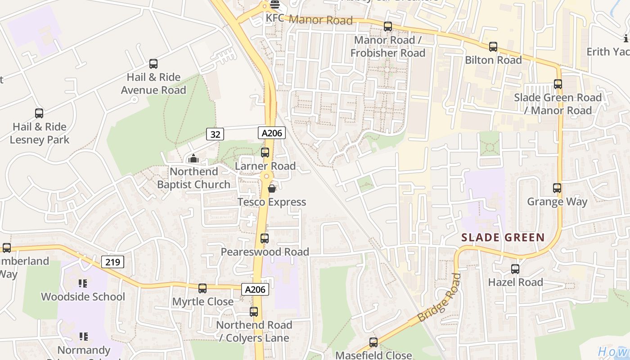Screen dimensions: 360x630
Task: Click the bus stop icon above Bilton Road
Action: [493, 47]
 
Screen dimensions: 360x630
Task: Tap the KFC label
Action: [276, 19]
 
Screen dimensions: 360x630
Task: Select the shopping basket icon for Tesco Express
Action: [272, 189]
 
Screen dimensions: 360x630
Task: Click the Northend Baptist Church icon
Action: [193, 158]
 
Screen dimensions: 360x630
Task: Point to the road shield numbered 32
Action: [215, 134]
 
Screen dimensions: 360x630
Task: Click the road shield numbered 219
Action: [112, 262]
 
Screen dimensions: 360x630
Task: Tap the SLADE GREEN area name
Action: [503, 238]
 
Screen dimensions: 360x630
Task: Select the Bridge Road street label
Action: [439, 298]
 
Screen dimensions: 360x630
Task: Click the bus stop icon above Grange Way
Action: [557, 188]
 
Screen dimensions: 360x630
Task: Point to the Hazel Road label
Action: [515, 283]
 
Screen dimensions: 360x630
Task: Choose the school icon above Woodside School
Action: [83, 283]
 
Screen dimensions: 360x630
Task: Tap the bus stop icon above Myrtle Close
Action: [202, 288]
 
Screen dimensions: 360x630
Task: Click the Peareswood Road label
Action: [265, 252]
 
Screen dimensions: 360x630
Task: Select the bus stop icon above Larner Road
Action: [265, 153]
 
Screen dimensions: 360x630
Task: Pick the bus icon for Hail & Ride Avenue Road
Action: [153, 64]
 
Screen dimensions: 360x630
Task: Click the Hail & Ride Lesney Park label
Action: [40, 133]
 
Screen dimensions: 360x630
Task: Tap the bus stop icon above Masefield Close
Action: [373, 342]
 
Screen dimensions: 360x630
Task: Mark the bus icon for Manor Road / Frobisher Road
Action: [388, 27]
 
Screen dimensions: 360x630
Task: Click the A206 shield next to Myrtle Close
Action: [255, 290]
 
